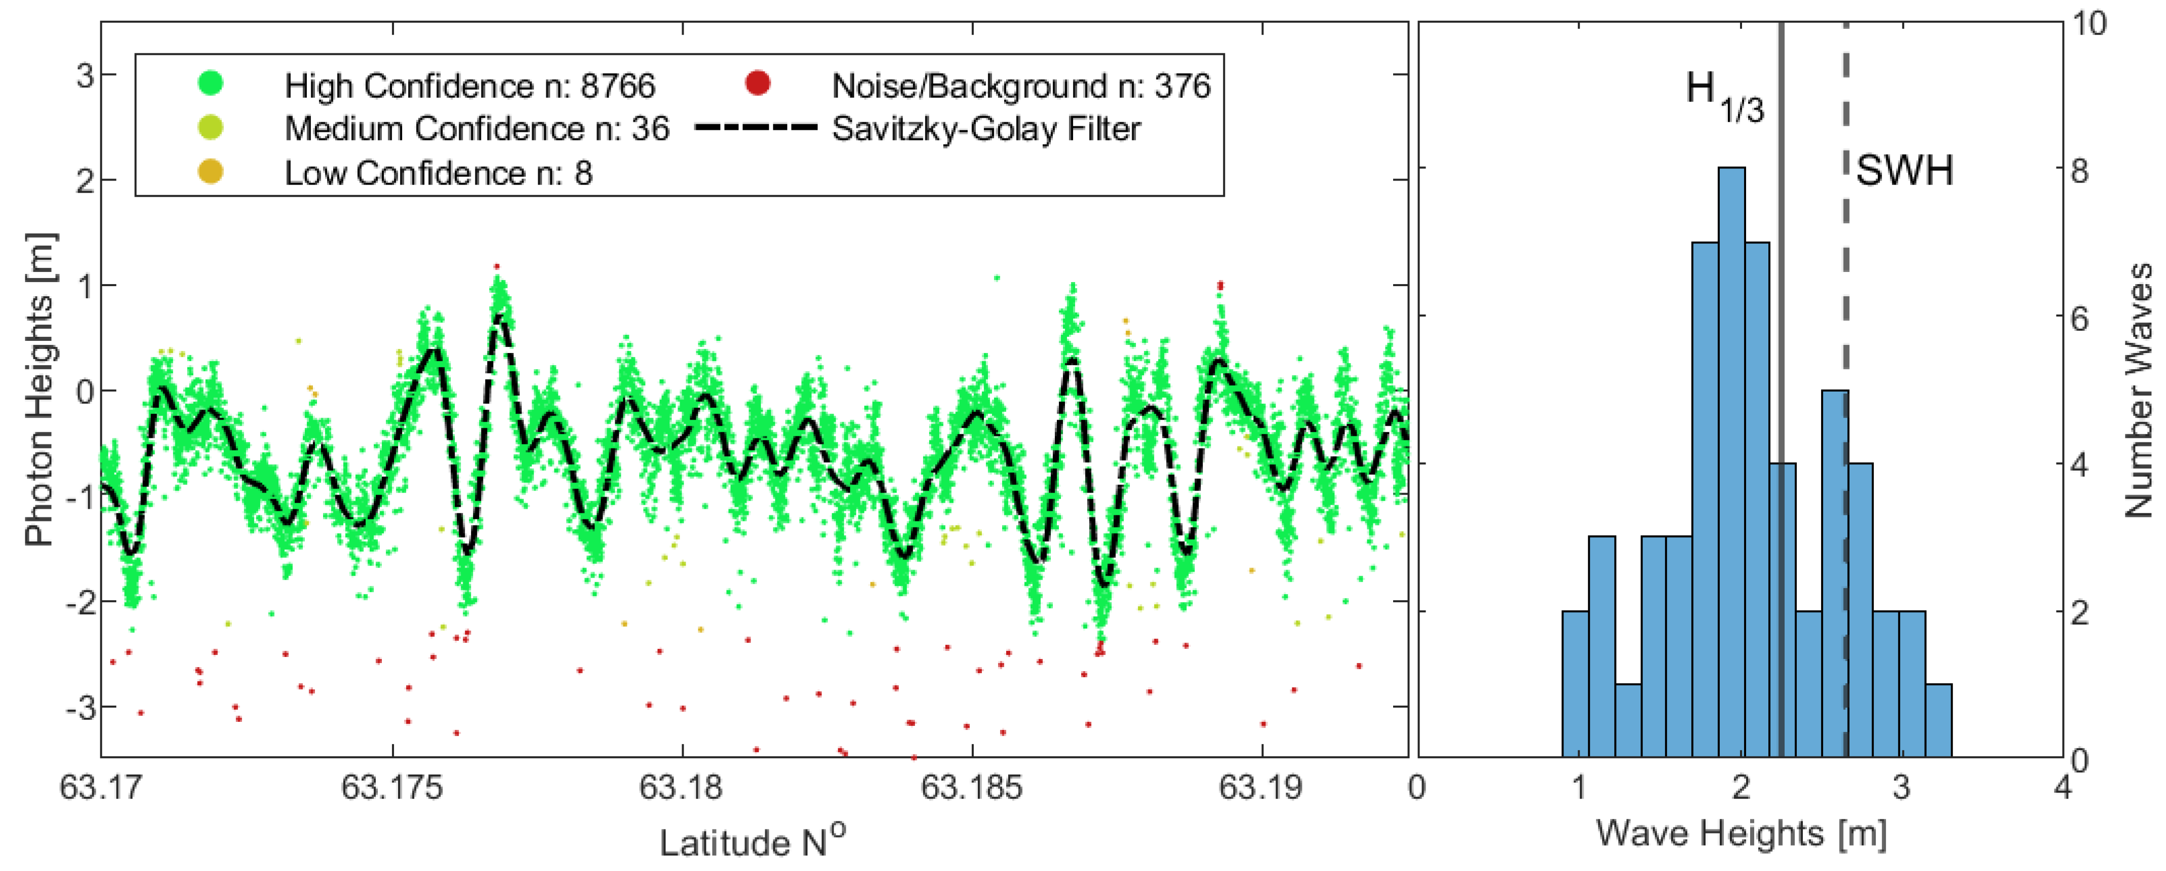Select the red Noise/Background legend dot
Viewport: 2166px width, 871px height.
pyautogui.click(x=758, y=83)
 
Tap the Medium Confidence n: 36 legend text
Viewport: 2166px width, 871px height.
pyautogui.click(x=477, y=129)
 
